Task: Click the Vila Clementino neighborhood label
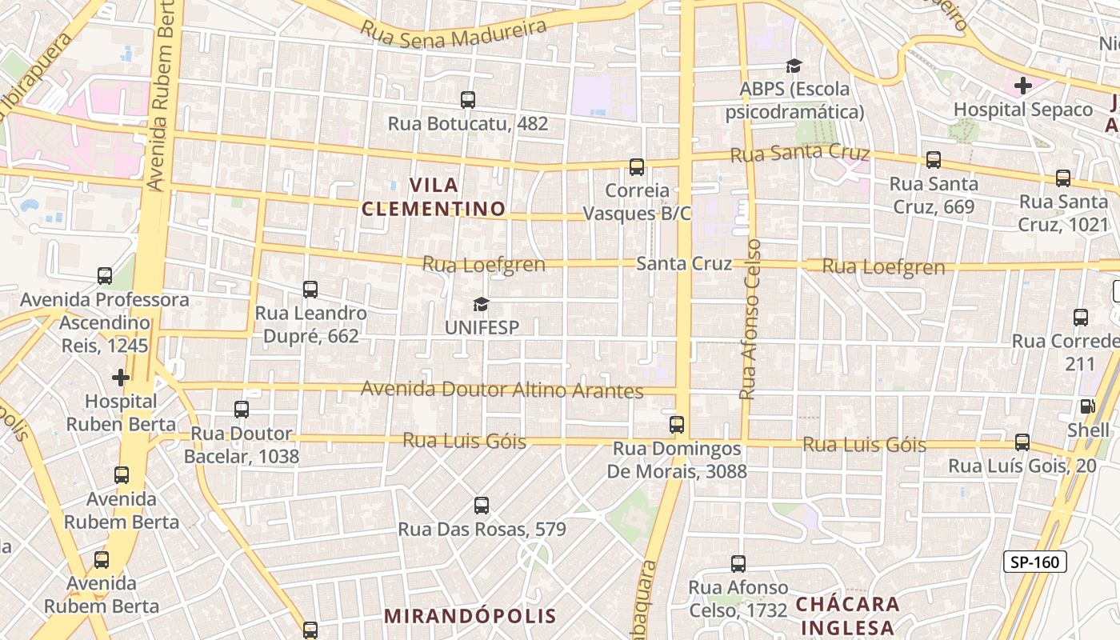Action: coord(433,197)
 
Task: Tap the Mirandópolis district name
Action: coord(470,616)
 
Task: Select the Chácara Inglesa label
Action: coord(847,615)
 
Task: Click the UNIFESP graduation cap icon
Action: coord(481,304)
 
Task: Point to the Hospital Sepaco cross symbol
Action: coord(1022,85)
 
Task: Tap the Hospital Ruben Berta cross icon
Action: coord(121,377)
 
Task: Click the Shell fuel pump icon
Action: coord(1087,406)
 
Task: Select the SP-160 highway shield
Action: coord(1035,562)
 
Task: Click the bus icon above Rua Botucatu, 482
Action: coord(468,100)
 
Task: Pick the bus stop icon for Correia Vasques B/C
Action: coord(637,167)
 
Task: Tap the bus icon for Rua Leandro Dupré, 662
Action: coord(310,290)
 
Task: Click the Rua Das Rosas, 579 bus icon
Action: coord(481,506)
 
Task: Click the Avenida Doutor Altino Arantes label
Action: coord(502,390)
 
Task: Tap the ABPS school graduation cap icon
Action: coord(794,66)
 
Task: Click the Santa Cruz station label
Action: coord(683,263)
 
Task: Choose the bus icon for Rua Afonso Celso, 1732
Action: coord(738,564)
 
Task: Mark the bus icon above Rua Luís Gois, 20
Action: coord(1022,442)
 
